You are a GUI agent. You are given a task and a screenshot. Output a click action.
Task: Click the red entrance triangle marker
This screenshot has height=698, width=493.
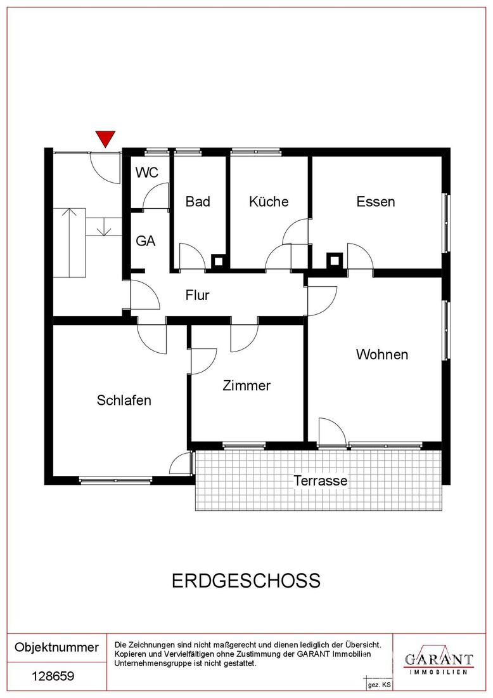pyautogui.click(x=105, y=138)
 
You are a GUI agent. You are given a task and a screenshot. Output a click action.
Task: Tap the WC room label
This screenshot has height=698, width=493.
pyautogui.click(x=147, y=172)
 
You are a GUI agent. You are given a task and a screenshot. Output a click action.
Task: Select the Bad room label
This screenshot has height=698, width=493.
pyautogui.click(x=198, y=202)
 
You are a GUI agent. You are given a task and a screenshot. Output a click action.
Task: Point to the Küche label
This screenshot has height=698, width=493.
pyautogui.click(x=269, y=201)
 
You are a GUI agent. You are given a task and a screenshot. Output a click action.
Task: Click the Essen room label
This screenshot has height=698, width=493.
pyautogui.click(x=376, y=202)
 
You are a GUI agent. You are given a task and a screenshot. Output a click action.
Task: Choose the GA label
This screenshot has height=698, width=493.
pyautogui.click(x=145, y=241)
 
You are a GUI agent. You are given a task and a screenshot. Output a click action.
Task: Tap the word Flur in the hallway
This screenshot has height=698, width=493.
pyautogui.click(x=197, y=294)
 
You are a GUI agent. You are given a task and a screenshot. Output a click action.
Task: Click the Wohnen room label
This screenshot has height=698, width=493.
pyautogui.click(x=382, y=354)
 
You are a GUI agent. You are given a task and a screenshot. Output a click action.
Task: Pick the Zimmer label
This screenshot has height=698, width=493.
pyautogui.click(x=246, y=385)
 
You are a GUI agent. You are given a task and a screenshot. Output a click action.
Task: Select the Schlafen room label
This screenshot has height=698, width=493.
pyautogui.click(x=124, y=400)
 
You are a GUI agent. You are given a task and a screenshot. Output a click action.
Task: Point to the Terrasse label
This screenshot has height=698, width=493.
pyautogui.click(x=320, y=480)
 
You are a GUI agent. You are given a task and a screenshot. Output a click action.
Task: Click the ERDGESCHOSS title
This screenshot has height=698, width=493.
pyautogui.click(x=246, y=581)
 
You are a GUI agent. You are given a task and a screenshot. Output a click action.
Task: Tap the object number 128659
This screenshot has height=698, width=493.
pyautogui.click(x=53, y=676)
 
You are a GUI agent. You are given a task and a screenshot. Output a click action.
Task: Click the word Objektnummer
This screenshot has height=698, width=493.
pyautogui.click(x=56, y=647)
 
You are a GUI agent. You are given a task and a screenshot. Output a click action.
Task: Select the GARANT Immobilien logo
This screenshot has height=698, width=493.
pyautogui.click(x=439, y=662)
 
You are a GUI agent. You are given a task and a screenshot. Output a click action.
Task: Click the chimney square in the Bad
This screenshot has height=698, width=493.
pyautogui.click(x=218, y=261)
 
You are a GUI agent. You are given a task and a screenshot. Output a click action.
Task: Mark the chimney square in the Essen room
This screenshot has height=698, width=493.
pyautogui.click(x=334, y=260)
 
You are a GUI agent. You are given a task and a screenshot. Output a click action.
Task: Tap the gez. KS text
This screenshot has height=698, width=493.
pyautogui.click(x=379, y=685)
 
